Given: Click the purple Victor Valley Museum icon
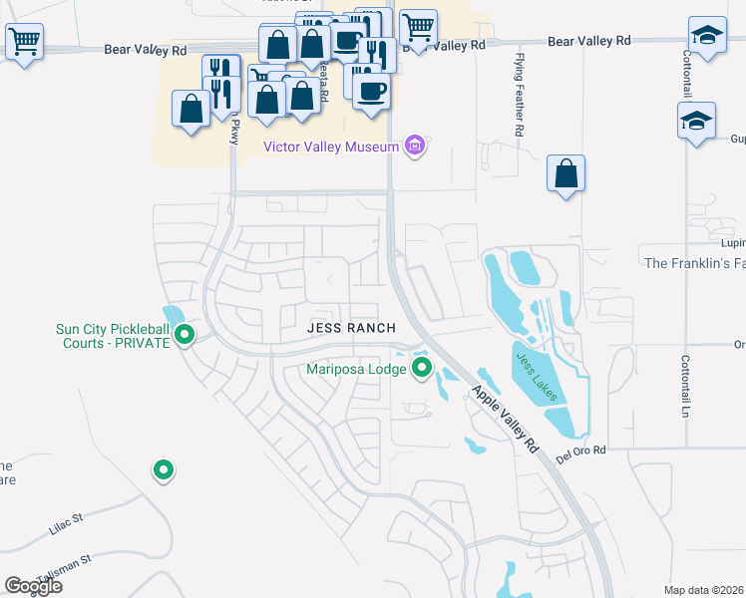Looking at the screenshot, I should click(416, 148).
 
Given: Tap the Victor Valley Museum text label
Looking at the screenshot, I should click(331, 148).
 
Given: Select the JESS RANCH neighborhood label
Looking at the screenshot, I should click(351, 328).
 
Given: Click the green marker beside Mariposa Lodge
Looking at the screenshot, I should click(422, 369).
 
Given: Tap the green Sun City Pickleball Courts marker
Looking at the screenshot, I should click(185, 336).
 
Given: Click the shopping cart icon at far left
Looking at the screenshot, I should click(23, 42).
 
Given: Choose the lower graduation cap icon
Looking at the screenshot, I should click(695, 121).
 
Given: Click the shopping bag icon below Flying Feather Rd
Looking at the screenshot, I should click(565, 173).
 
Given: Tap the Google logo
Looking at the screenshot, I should click(33, 585).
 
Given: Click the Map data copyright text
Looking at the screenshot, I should click(704, 590).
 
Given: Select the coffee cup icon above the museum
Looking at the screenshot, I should click(372, 92).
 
